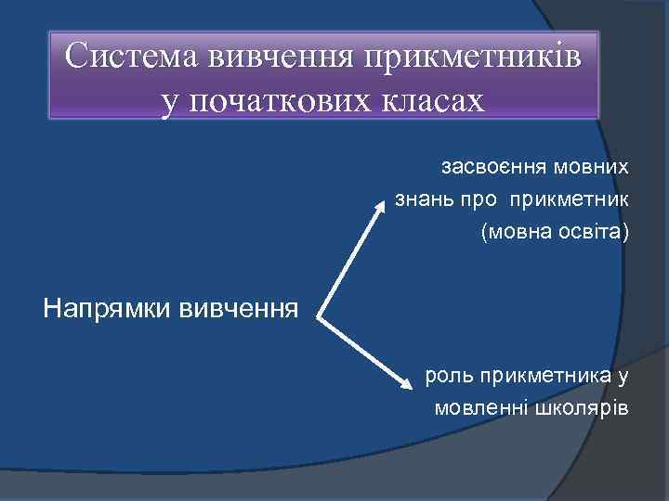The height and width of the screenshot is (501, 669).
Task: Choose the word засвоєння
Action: coord(489,168)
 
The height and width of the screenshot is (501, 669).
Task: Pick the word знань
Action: coord(423,199)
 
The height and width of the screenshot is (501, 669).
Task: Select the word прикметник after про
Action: coord(570,199)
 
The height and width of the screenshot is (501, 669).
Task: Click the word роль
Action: coord(447,376)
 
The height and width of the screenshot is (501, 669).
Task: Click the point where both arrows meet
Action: coord(319,318)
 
